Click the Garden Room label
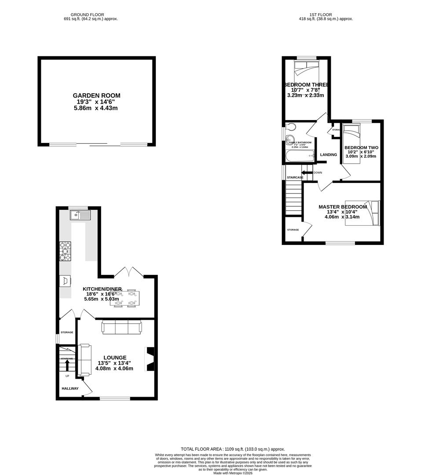[96, 95]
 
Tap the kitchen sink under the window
[80, 215]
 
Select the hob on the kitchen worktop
[65, 252]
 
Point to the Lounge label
[115, 358]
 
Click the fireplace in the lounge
[150, 359]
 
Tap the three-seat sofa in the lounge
[122, 327]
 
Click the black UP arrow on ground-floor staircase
[67, 365]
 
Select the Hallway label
[70, 388]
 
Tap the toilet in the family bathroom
[290, 127]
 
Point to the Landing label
[328, 155]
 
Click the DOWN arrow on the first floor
[307, 172]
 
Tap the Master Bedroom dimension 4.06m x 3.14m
[342, 217]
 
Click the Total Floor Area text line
[233, 449]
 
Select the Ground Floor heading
[91, 15]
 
